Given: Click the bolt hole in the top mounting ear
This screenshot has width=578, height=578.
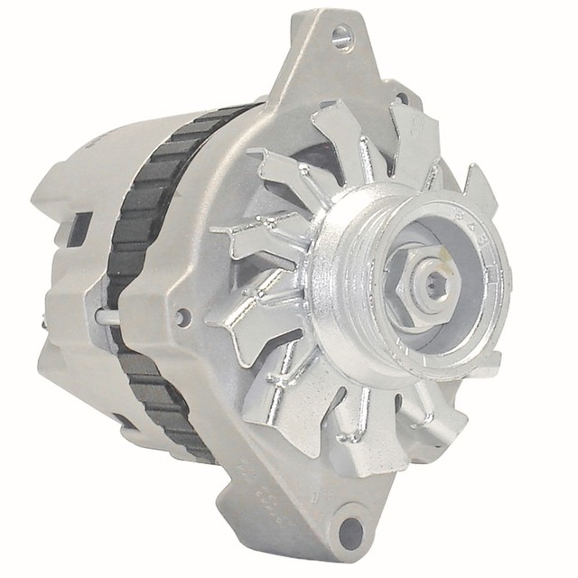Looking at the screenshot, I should click(x=340, y=35).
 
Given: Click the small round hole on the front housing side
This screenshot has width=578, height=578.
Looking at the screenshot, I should click(x=183, y=317).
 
